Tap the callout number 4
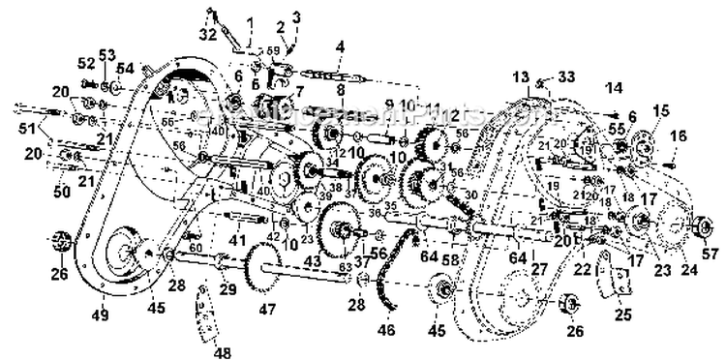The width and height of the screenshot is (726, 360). point(341,45)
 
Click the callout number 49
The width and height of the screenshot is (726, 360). point(100,315)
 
